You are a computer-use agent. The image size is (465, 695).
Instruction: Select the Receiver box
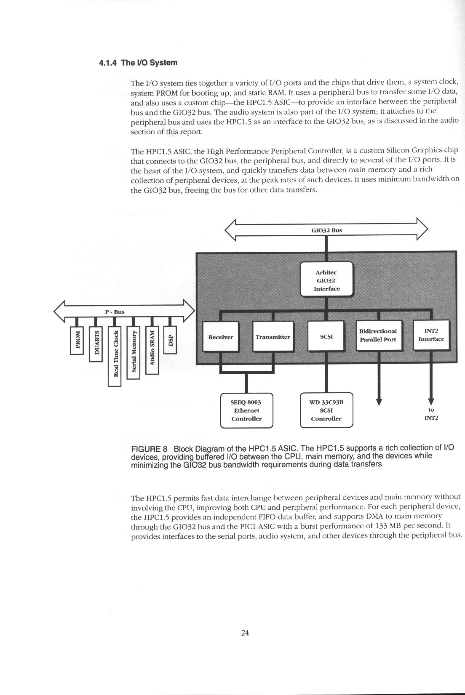pos(221,337)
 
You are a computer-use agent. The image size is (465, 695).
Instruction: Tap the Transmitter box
pos(273,337)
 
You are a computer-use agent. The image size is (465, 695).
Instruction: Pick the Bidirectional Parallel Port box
pos(378,336)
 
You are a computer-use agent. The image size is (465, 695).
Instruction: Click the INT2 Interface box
pos(431,335)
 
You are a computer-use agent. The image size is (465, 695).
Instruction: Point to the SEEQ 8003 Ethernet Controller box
pos(247,410)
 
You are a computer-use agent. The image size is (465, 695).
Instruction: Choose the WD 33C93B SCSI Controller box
pos(326,410)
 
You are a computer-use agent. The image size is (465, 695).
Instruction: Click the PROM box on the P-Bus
pos(77,341)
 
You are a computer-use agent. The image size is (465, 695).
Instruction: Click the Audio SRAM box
pos(152,350)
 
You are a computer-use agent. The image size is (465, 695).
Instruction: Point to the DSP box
pos(170,341)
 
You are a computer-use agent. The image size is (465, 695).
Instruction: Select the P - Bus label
pos(115,312)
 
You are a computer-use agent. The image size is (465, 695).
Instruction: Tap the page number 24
pos(245,633)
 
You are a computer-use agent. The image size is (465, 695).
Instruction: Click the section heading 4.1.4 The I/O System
pos(138,63)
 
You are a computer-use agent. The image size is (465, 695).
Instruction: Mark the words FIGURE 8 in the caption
pos(150,449)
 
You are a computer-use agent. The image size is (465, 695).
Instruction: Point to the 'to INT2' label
pos(431,414)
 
